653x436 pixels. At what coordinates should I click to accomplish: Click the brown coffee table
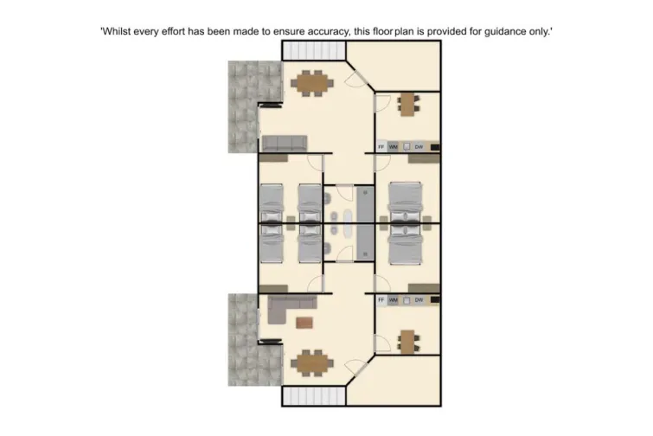(x=304, y=323)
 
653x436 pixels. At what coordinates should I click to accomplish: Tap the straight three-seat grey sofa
(x=285, y=143)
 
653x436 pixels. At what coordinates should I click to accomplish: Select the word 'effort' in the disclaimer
(x=179, y=31)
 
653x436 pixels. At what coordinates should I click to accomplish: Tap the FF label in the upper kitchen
(x=381, y=146)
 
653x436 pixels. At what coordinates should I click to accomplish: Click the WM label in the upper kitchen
(x=394, y=146)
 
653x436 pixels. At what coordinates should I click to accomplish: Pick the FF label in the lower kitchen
(x=381, y=300)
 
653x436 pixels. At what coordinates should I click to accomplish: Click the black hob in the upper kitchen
(x=436, y=146)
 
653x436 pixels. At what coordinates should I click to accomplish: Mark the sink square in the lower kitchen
(x=406, y=300)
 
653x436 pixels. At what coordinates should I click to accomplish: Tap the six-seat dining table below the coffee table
(x=311, y=362)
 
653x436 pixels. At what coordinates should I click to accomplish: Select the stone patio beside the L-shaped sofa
(x=243, y=339)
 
